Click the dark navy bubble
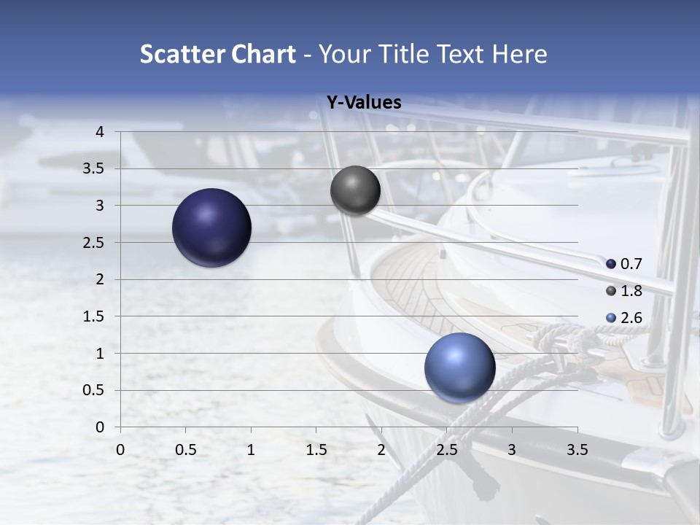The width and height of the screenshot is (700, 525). (211, 227)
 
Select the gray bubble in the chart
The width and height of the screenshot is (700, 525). (355, 190)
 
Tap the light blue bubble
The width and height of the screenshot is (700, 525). (459, 367)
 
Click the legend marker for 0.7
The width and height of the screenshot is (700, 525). (611, 264)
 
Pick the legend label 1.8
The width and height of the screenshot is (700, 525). (631, 291)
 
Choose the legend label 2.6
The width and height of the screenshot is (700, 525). (631, 318)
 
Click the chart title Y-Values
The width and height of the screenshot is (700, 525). (363, 103)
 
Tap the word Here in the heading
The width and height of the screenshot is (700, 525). (518, 54)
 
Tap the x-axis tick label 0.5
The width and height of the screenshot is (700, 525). (185, 450)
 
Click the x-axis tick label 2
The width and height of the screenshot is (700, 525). (381, 450)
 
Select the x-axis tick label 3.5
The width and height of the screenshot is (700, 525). (577, 450)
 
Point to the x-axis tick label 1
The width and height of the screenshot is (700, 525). (251, 450)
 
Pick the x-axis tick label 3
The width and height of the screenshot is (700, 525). (512, 450)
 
